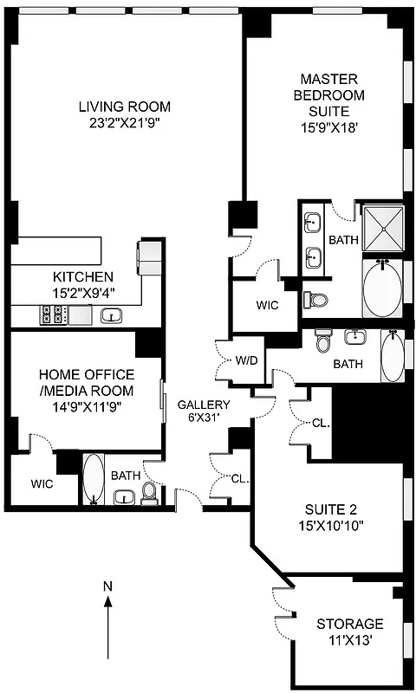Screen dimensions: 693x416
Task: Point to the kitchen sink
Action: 111,316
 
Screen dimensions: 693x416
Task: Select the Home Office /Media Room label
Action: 87,382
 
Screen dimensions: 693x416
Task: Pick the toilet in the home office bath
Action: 149,495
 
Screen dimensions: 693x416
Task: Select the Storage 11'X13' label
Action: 349,631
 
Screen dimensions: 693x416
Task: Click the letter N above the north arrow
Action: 107,586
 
